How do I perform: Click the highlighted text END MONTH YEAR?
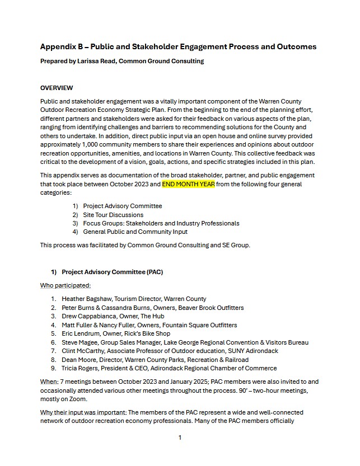pos(188,183)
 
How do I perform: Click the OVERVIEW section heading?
pos(57,88)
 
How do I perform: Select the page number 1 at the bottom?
pos(180,437)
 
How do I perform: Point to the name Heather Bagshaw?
pos(85,299)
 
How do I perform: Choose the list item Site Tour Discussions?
pos(113,215)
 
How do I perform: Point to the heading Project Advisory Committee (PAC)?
pos(112,272)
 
